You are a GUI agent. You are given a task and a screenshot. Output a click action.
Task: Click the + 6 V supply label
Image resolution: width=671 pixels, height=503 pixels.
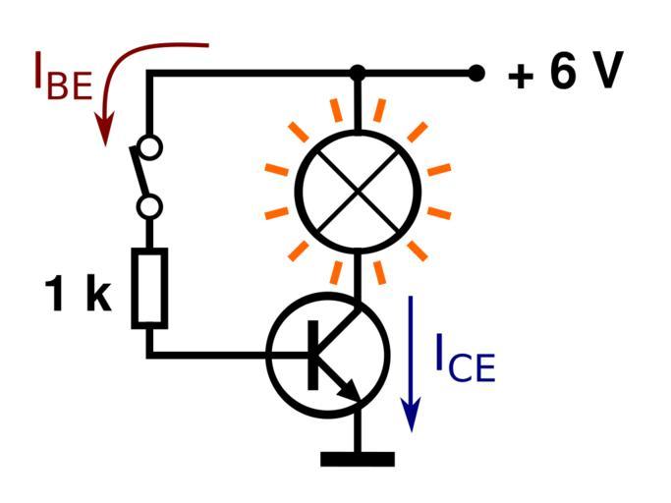tap(564, 75)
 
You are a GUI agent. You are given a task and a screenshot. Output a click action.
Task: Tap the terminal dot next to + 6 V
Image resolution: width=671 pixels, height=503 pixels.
tap(476, 73)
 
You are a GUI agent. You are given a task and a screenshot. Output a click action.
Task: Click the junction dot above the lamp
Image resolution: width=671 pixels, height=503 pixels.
tap(358, 73)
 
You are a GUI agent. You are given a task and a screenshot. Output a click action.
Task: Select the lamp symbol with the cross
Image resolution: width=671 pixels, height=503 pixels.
tap(358, 192)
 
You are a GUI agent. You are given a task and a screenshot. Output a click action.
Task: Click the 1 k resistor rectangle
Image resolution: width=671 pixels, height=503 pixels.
tap(150, 287)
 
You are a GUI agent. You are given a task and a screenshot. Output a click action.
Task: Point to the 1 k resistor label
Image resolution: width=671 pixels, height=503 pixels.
tap(79, 295)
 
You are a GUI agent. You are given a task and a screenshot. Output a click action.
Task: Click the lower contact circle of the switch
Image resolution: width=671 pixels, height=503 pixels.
tap(150, 207)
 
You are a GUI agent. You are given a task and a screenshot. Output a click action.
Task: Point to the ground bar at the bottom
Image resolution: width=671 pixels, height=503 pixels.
tap(358, 459)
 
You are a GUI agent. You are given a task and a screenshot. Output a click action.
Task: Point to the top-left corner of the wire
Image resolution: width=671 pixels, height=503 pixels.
tap(150, 73)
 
